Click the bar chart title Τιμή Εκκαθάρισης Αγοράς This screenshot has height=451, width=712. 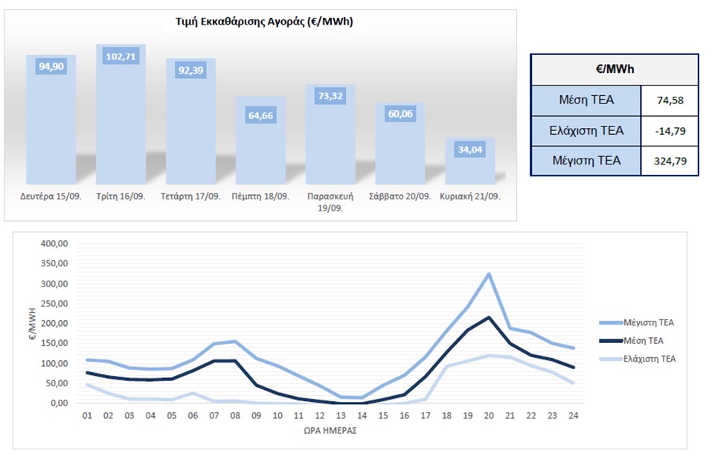point(259,22)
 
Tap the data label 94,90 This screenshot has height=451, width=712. point(51,66)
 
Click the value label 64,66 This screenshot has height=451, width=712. point(261,116)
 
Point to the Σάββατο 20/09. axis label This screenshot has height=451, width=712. point(400,198)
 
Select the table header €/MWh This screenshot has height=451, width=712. point(614,69)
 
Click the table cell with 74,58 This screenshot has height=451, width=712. point(670,100)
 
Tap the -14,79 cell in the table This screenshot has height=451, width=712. point(670,131)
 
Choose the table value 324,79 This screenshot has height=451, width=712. point(670,161)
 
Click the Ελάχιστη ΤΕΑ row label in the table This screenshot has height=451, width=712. point(586,131)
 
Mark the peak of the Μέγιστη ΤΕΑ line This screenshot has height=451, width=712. point(488,274)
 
